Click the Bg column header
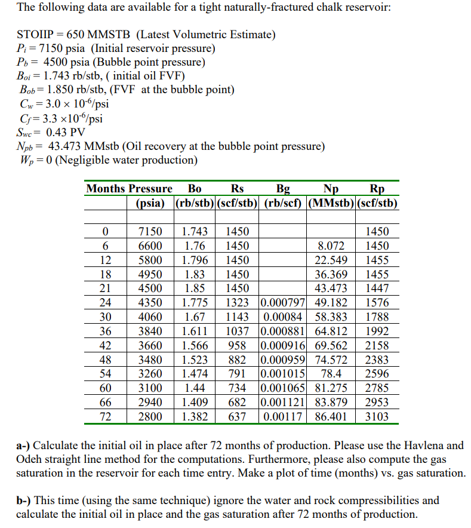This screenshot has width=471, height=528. pyautogui.click(x=285, y=189)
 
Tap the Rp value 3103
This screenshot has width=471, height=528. pyautogui.click(x=377, y=416)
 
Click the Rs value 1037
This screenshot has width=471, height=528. pyautogui.click(x=237, y=331)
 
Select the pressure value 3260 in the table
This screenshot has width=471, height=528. pyautogui.click(x=150, y=374)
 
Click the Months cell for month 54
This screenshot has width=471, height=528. pyautogui.click(x=105, y=374)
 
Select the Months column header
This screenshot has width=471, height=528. pyautogui.click(x=106, y=189)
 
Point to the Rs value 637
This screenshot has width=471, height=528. pyautogui.click(x=237, y=416)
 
